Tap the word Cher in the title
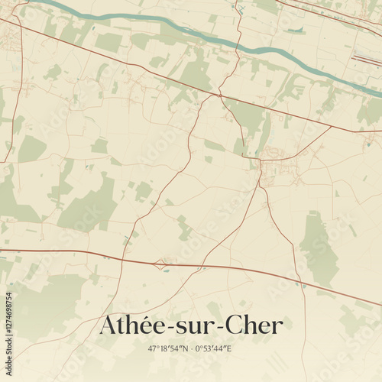(x=254, y=325)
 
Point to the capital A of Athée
(x=109, y=325)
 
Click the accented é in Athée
(x=161, y=325)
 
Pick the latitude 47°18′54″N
(x=162, y=348)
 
